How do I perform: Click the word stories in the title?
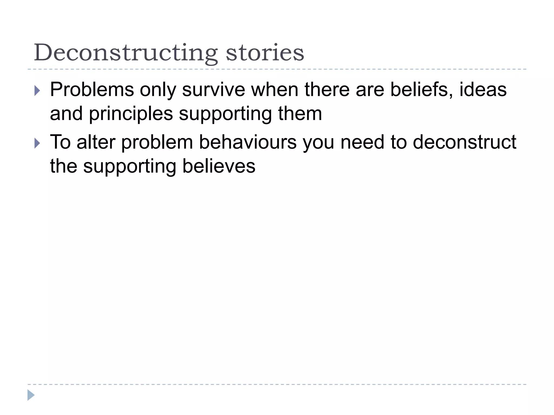pyautogui.click(x=265, y=53)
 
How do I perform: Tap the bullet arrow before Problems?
pyautogui.click(x=37, y=91)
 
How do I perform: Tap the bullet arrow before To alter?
pyautogui.click(x=37, y=143)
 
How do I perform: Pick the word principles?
pyautogui.click(x=131, y=114)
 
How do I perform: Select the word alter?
pyautogui.click(x=96, y=142)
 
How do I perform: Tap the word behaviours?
pyautogui.click(x=248, y=142)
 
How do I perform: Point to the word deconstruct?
pyautogui.click(x=464, y=142)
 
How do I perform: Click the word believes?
pyautogui.click(x=219, y=166)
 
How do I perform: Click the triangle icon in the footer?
pyautogui.click(x=31, y=395)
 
